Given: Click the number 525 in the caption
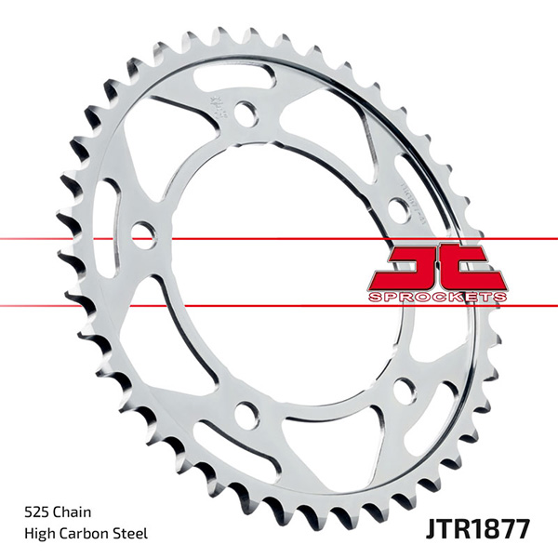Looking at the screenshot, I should (35, 511).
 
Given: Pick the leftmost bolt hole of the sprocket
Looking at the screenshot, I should (141, 232).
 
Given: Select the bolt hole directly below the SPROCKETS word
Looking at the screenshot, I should (405, 390).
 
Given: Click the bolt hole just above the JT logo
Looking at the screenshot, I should (398, 210).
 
